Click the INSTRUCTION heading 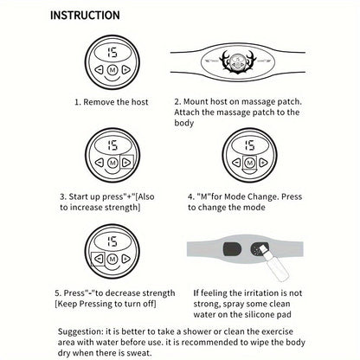(85, 16)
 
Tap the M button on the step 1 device (112, 70)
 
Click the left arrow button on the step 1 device (99, 69)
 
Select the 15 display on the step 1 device (112, 52)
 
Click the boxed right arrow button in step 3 (126, 163)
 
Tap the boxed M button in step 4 (249, 164)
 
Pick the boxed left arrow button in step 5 (98, 259)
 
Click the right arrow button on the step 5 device (125, 259)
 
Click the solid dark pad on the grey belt (232, 249)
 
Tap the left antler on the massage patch (226, 61)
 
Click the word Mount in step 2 (196, 101)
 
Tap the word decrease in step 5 (123, 293)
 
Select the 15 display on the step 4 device (249, 145)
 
